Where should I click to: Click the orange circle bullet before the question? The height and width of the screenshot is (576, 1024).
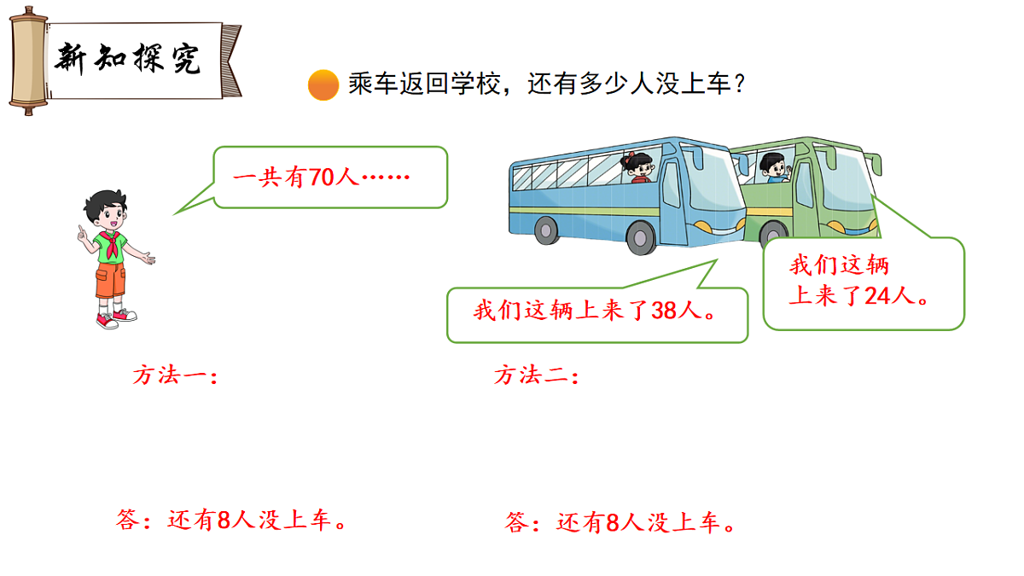click(323, 84)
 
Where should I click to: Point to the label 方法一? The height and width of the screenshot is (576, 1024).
click(176, 375)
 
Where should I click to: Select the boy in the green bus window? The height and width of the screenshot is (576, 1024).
click(773, 167)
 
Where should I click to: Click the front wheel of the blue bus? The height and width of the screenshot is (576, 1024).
click(642, 238)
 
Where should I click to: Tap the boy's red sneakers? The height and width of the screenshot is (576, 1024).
click(115, 318)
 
